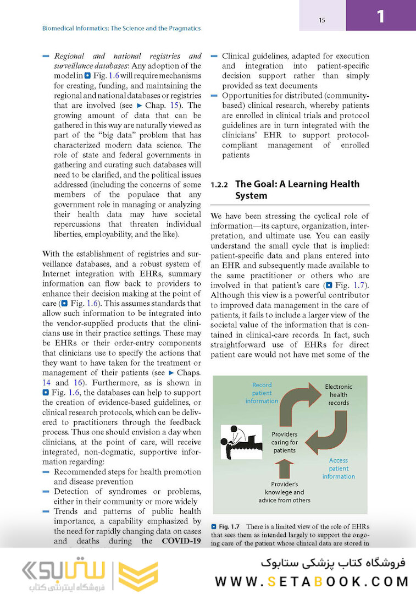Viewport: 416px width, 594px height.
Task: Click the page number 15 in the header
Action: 322,20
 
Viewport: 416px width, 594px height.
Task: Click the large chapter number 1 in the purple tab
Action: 380,16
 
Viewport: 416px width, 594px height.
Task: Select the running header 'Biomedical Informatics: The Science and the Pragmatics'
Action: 121,28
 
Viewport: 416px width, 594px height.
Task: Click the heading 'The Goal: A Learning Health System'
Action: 297,190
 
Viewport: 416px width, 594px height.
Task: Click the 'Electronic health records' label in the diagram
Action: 339,395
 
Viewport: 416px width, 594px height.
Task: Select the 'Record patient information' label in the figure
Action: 262,393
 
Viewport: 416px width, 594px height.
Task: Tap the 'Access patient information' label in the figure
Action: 339,468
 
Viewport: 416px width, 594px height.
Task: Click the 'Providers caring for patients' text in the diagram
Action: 285,442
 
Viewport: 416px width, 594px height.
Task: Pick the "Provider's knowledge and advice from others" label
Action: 284,492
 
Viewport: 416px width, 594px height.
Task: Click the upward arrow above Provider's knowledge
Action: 284,469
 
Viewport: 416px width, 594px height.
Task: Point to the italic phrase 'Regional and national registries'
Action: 127,56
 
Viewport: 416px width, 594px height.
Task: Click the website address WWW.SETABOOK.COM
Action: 312,581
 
